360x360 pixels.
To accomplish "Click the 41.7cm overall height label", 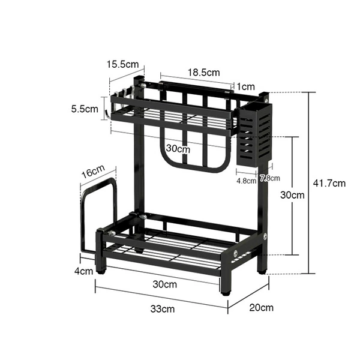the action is pyautogui.click(x=329, y=183).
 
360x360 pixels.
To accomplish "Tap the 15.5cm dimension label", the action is pyautogui.click(x=122, y=64).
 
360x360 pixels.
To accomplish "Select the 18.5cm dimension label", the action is pyautogui.click(x=204, y=73).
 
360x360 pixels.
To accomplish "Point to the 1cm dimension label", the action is pyautogui.click(x=245, y=86).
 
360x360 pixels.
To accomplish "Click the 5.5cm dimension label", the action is pyautogui.click(x=85, y=109).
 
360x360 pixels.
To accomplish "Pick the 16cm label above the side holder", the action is pyautogui.click(x=93, y=172).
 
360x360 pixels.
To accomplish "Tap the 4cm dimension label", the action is pyautogui.click(x=84, y=271).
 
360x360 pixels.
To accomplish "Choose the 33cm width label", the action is pyautogui.click(x=163, y=309).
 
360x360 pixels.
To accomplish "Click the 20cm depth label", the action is pyautogui.click(x=261, y=308).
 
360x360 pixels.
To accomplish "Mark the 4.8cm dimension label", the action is pyautogui.click(x=247, y=181).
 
